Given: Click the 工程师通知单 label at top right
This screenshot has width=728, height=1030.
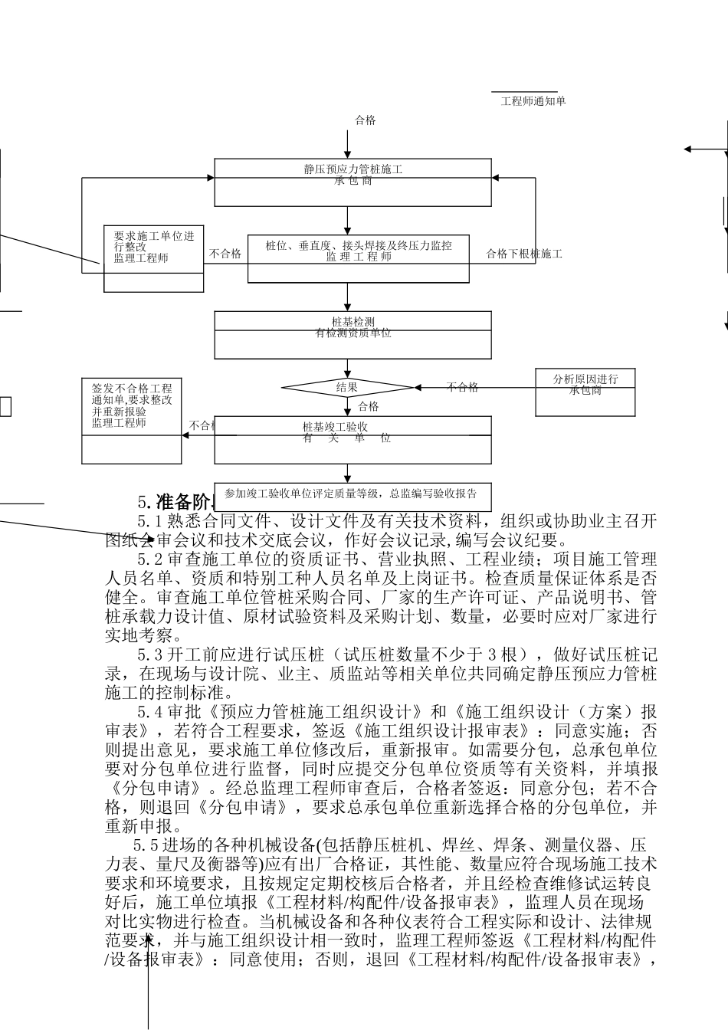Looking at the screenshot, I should (533, 101).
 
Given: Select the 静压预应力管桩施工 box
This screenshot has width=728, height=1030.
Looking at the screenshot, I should (353, 182).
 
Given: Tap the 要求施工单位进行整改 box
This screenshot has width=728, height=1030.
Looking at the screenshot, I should (153, 258).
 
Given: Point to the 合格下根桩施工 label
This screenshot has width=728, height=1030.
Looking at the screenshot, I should (524, 254).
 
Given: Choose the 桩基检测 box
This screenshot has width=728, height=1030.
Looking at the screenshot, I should (353, 335).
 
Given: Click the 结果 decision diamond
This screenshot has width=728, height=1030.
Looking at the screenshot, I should (347, 388).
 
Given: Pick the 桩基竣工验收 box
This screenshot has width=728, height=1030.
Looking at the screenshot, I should (353, 440).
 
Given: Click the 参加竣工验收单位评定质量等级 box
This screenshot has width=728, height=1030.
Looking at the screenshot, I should (351, 495).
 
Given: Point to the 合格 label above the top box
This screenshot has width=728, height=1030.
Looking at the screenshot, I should (366, 120).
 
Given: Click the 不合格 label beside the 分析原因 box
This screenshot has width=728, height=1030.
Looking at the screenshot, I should (463, 387).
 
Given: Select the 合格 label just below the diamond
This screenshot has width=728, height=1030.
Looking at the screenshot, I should (369, 406).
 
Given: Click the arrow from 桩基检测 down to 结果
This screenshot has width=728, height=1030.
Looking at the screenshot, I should (348, 369).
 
